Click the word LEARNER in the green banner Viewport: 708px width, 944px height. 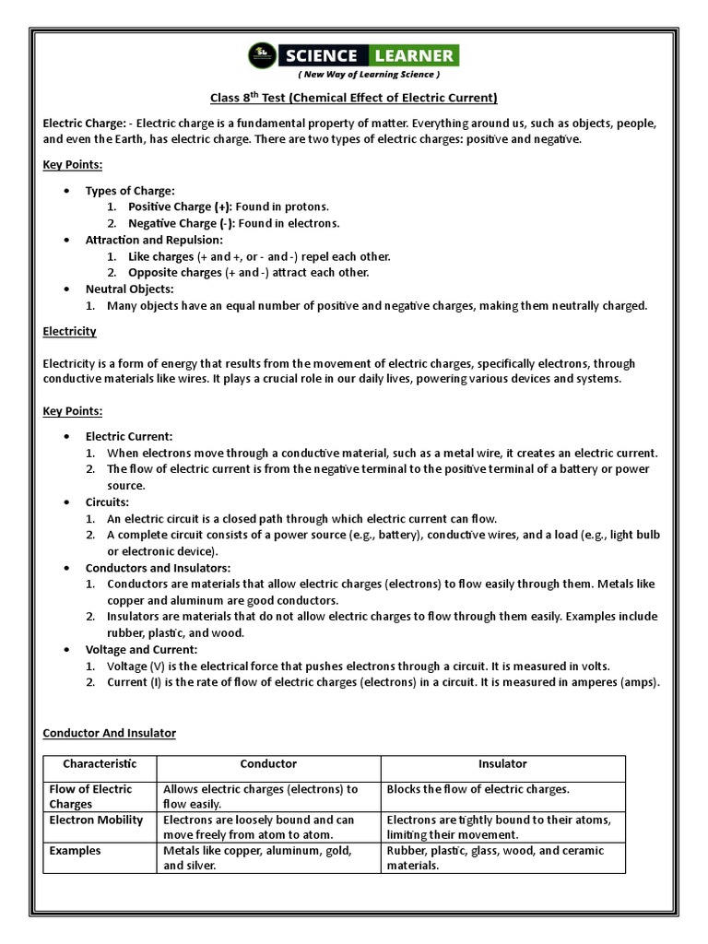pos(414,55)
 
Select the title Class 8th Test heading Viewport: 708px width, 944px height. pos(353,98)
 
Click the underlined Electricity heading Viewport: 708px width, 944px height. pos(70,331)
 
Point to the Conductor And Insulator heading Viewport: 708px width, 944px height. pos(110,733)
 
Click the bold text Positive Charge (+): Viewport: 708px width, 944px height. pos(181,206)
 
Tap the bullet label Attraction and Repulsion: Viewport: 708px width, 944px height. pos(155,240)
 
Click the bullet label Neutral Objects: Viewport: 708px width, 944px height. pos(129,289)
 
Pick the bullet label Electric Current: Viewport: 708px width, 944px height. pos(129,436)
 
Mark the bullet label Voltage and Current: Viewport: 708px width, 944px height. pos(142,650)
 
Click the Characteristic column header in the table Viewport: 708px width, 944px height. pos(100,764)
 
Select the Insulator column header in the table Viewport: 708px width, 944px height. pos(502,764)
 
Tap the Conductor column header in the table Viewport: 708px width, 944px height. pos(268,764)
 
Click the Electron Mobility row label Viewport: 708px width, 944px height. pos(96,820)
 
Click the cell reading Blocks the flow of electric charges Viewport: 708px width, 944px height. pos(478,789)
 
